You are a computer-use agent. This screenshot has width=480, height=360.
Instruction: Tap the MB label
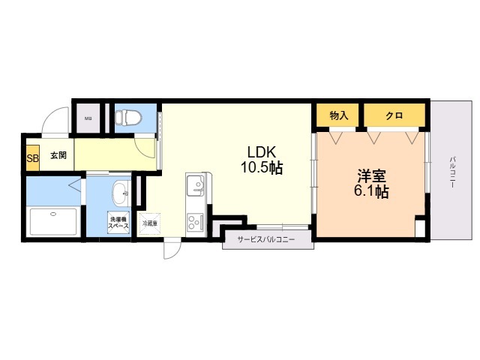click(x=88, y=118)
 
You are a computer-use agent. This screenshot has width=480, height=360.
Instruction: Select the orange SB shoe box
click(x=32, y=157)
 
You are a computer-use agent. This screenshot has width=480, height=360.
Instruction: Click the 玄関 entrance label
click(x=58, y=156)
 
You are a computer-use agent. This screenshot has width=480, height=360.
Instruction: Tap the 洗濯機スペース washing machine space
click(x=118, y=222)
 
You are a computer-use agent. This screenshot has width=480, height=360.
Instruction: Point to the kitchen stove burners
click(x=196, y=222)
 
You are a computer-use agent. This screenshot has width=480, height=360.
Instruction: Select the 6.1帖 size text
click(x=371, y=192)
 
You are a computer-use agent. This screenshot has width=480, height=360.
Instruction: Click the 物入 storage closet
click(x=339, y=115)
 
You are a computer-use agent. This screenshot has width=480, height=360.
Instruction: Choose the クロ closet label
click(x=394, y=115)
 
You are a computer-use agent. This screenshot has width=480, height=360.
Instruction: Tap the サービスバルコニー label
click(x=265, y=240)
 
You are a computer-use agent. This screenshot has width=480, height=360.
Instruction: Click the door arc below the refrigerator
click(x=172, y=249)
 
